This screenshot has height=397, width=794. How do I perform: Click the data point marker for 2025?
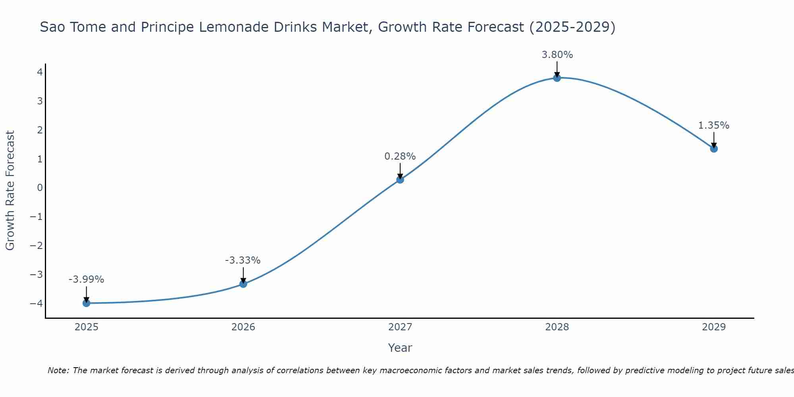86,303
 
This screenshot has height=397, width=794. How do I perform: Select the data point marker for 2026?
243,284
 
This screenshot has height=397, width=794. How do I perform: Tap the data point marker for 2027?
400,179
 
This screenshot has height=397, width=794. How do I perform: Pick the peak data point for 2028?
557,78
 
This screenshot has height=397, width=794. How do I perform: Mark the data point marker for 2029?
714,148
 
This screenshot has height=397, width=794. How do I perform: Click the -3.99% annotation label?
86,279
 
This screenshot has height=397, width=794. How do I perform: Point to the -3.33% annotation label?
243,260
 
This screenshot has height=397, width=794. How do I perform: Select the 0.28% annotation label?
400,156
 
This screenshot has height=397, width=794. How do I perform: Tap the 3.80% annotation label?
557,55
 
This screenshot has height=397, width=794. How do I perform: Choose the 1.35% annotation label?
714,125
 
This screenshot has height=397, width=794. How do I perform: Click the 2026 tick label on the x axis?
243,327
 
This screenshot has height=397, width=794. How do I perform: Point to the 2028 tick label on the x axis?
557,327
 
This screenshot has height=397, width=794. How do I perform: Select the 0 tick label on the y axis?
40,187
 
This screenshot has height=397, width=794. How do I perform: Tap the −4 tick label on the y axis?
37,303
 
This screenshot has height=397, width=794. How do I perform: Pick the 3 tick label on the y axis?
40,101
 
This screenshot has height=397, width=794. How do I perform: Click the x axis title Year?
400,348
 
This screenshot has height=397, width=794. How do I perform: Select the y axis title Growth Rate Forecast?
10,191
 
